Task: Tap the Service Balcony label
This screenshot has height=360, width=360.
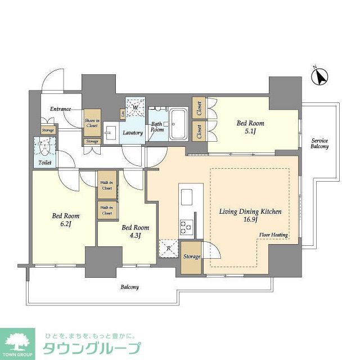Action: [x=319, y=143]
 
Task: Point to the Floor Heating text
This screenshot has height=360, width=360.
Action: [x=274, y=235]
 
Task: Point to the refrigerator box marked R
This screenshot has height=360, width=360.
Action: [x=169, y=248]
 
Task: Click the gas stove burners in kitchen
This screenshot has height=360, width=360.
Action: [x=186, y=226]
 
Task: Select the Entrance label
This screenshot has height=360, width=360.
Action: [x=60, y=109]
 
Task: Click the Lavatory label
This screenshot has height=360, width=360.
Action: [x=133, y=133]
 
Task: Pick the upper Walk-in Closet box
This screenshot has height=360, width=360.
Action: [x=106, y=184]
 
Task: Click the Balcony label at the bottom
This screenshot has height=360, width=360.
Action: [x=129, y=287]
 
